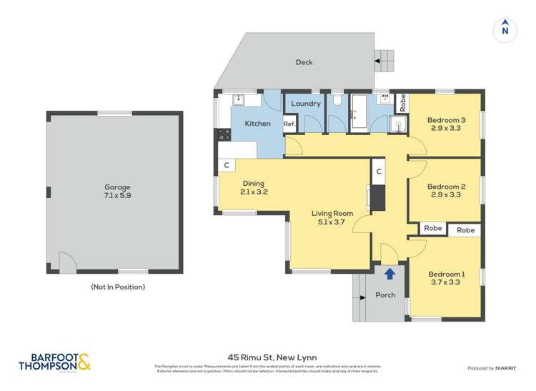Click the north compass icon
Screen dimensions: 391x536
tap(505, 30)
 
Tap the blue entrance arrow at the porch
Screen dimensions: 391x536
tap(389, 273)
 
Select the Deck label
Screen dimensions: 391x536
tap(304, 62)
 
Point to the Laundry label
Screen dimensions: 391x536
tap(305, 104)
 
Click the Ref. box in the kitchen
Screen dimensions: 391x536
tap(289, 124)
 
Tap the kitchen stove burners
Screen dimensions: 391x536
tap(223, 132)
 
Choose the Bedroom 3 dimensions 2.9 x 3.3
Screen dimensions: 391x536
tap(447, 129)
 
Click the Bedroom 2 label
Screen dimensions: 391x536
tap(447, 187)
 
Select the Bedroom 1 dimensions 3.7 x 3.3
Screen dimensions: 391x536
tap(447, 283)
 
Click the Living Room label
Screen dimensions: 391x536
tap(332, 213)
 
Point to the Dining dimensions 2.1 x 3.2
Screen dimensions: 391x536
tap(253, 192)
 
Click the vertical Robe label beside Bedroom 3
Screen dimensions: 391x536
tap(402, 102)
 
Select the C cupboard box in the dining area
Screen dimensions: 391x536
tap(227, 166)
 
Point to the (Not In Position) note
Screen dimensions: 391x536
tap(117, 287)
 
